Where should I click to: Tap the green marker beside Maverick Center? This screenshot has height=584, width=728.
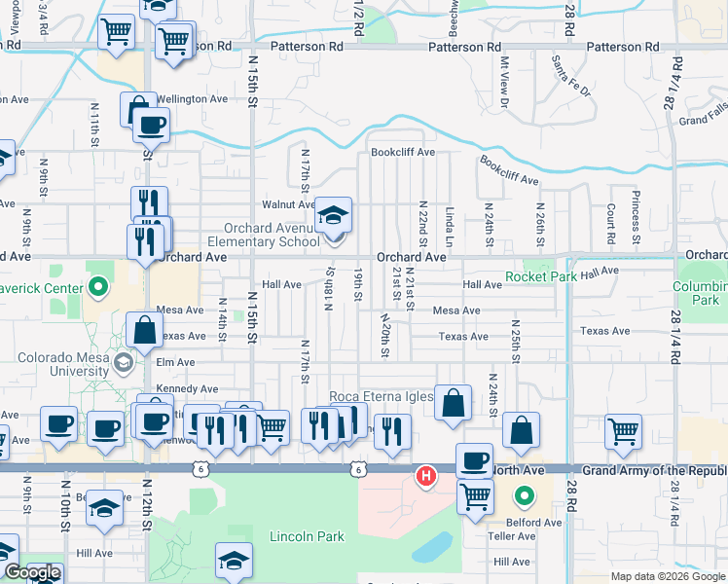97,287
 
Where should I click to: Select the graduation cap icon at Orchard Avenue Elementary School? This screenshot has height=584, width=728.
334,215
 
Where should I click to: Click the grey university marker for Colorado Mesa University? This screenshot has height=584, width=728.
123,363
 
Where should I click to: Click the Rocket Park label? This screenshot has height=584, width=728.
542,276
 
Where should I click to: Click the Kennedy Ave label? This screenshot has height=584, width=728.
188,388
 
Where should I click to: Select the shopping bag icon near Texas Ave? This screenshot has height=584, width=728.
144,330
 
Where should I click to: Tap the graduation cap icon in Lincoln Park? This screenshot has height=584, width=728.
234,561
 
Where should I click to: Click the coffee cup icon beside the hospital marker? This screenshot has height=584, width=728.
474,460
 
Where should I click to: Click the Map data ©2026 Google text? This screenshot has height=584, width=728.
668,576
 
